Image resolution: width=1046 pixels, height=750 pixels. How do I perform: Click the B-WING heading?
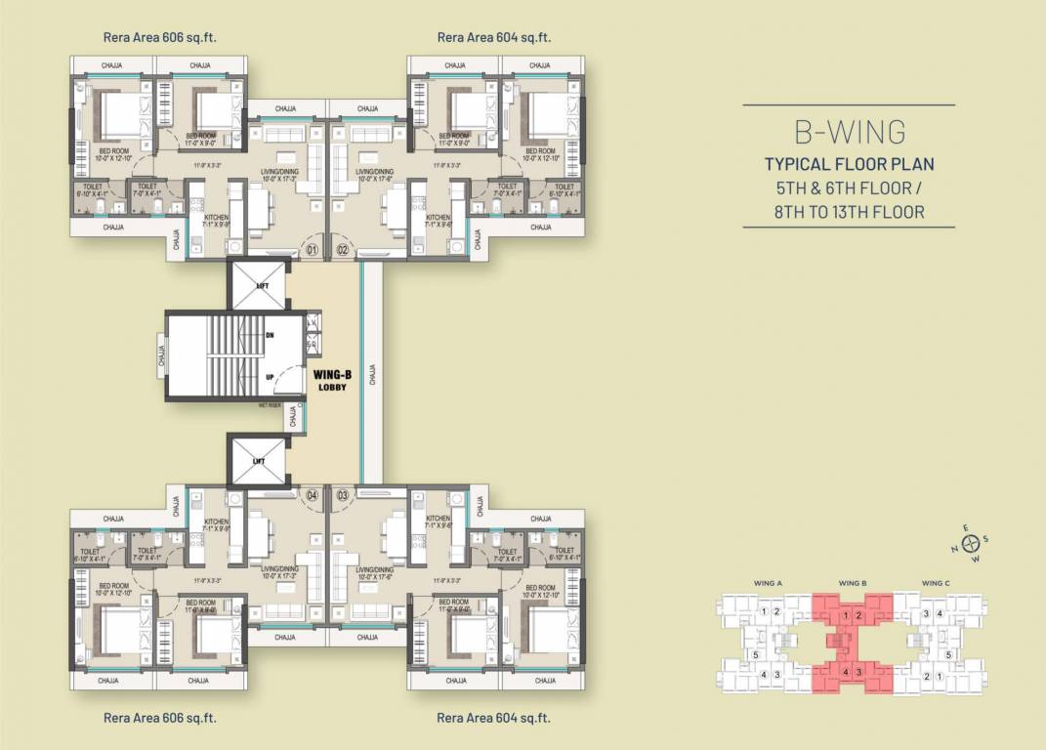click(848, 131)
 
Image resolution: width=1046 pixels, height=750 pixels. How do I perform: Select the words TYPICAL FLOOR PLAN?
click(849, 163)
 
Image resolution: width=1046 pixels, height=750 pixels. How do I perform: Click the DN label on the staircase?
click(269, 334)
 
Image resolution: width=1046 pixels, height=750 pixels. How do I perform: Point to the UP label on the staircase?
click(269, 374)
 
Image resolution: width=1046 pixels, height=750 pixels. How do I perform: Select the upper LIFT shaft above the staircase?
click(258, 284)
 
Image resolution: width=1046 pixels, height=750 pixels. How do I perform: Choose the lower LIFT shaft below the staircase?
click(258, 461)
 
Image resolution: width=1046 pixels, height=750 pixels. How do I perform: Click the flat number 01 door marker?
click(312, 250)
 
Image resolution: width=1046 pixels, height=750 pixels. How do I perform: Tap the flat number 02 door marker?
click(343, 250)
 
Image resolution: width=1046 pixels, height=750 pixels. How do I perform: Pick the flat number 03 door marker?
click(343, 495)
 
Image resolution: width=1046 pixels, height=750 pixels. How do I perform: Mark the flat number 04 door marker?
click(312, 495)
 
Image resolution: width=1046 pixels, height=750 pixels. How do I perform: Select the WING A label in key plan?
click(768, 584)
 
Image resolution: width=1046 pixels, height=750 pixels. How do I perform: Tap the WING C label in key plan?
click(936, 584)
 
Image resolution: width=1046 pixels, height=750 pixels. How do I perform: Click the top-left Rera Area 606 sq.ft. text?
click(160, 38)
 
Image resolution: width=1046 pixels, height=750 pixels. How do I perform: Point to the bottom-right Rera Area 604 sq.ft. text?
click(494, 718)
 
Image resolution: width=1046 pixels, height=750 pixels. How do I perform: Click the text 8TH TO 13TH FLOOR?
click(849, 211)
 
